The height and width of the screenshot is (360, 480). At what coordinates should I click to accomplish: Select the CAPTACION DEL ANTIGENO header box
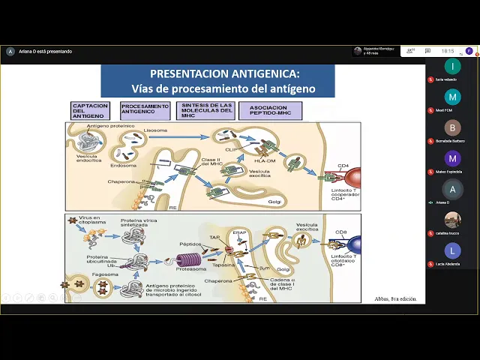[x=91, y=110]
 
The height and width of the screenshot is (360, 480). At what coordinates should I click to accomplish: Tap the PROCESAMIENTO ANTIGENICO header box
[x=145, y=110]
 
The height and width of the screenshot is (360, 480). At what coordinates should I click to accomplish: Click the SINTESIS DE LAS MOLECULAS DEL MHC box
[x=207, y=110]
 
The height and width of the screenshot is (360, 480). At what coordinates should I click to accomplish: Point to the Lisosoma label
[x=156, y=130]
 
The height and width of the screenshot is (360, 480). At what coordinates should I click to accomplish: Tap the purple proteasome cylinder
[x=188, y=260]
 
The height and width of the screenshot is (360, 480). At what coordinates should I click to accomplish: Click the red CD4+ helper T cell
[x=352, y=178]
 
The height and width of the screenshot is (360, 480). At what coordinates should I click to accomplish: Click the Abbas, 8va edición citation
[x=394, y=298]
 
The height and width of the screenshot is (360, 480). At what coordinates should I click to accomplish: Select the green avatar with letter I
[x=452, y=66]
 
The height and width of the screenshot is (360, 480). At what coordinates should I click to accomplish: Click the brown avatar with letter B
[x=452, y=127]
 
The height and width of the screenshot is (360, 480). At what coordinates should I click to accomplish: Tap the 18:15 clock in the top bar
[x=448, y=51]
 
